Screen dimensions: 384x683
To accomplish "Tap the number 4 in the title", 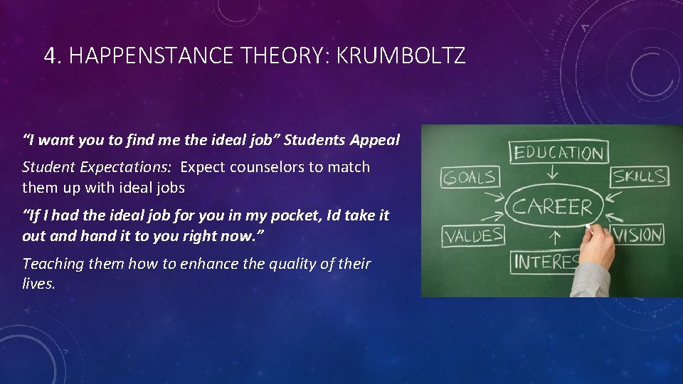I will tap(49, 55).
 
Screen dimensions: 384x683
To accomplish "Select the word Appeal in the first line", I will tap(375, 140).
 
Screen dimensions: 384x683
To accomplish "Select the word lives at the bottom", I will tap(38, 283).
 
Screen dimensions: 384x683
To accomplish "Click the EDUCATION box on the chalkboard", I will tap(558, 152).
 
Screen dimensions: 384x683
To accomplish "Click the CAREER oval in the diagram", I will tap(552, 208).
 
